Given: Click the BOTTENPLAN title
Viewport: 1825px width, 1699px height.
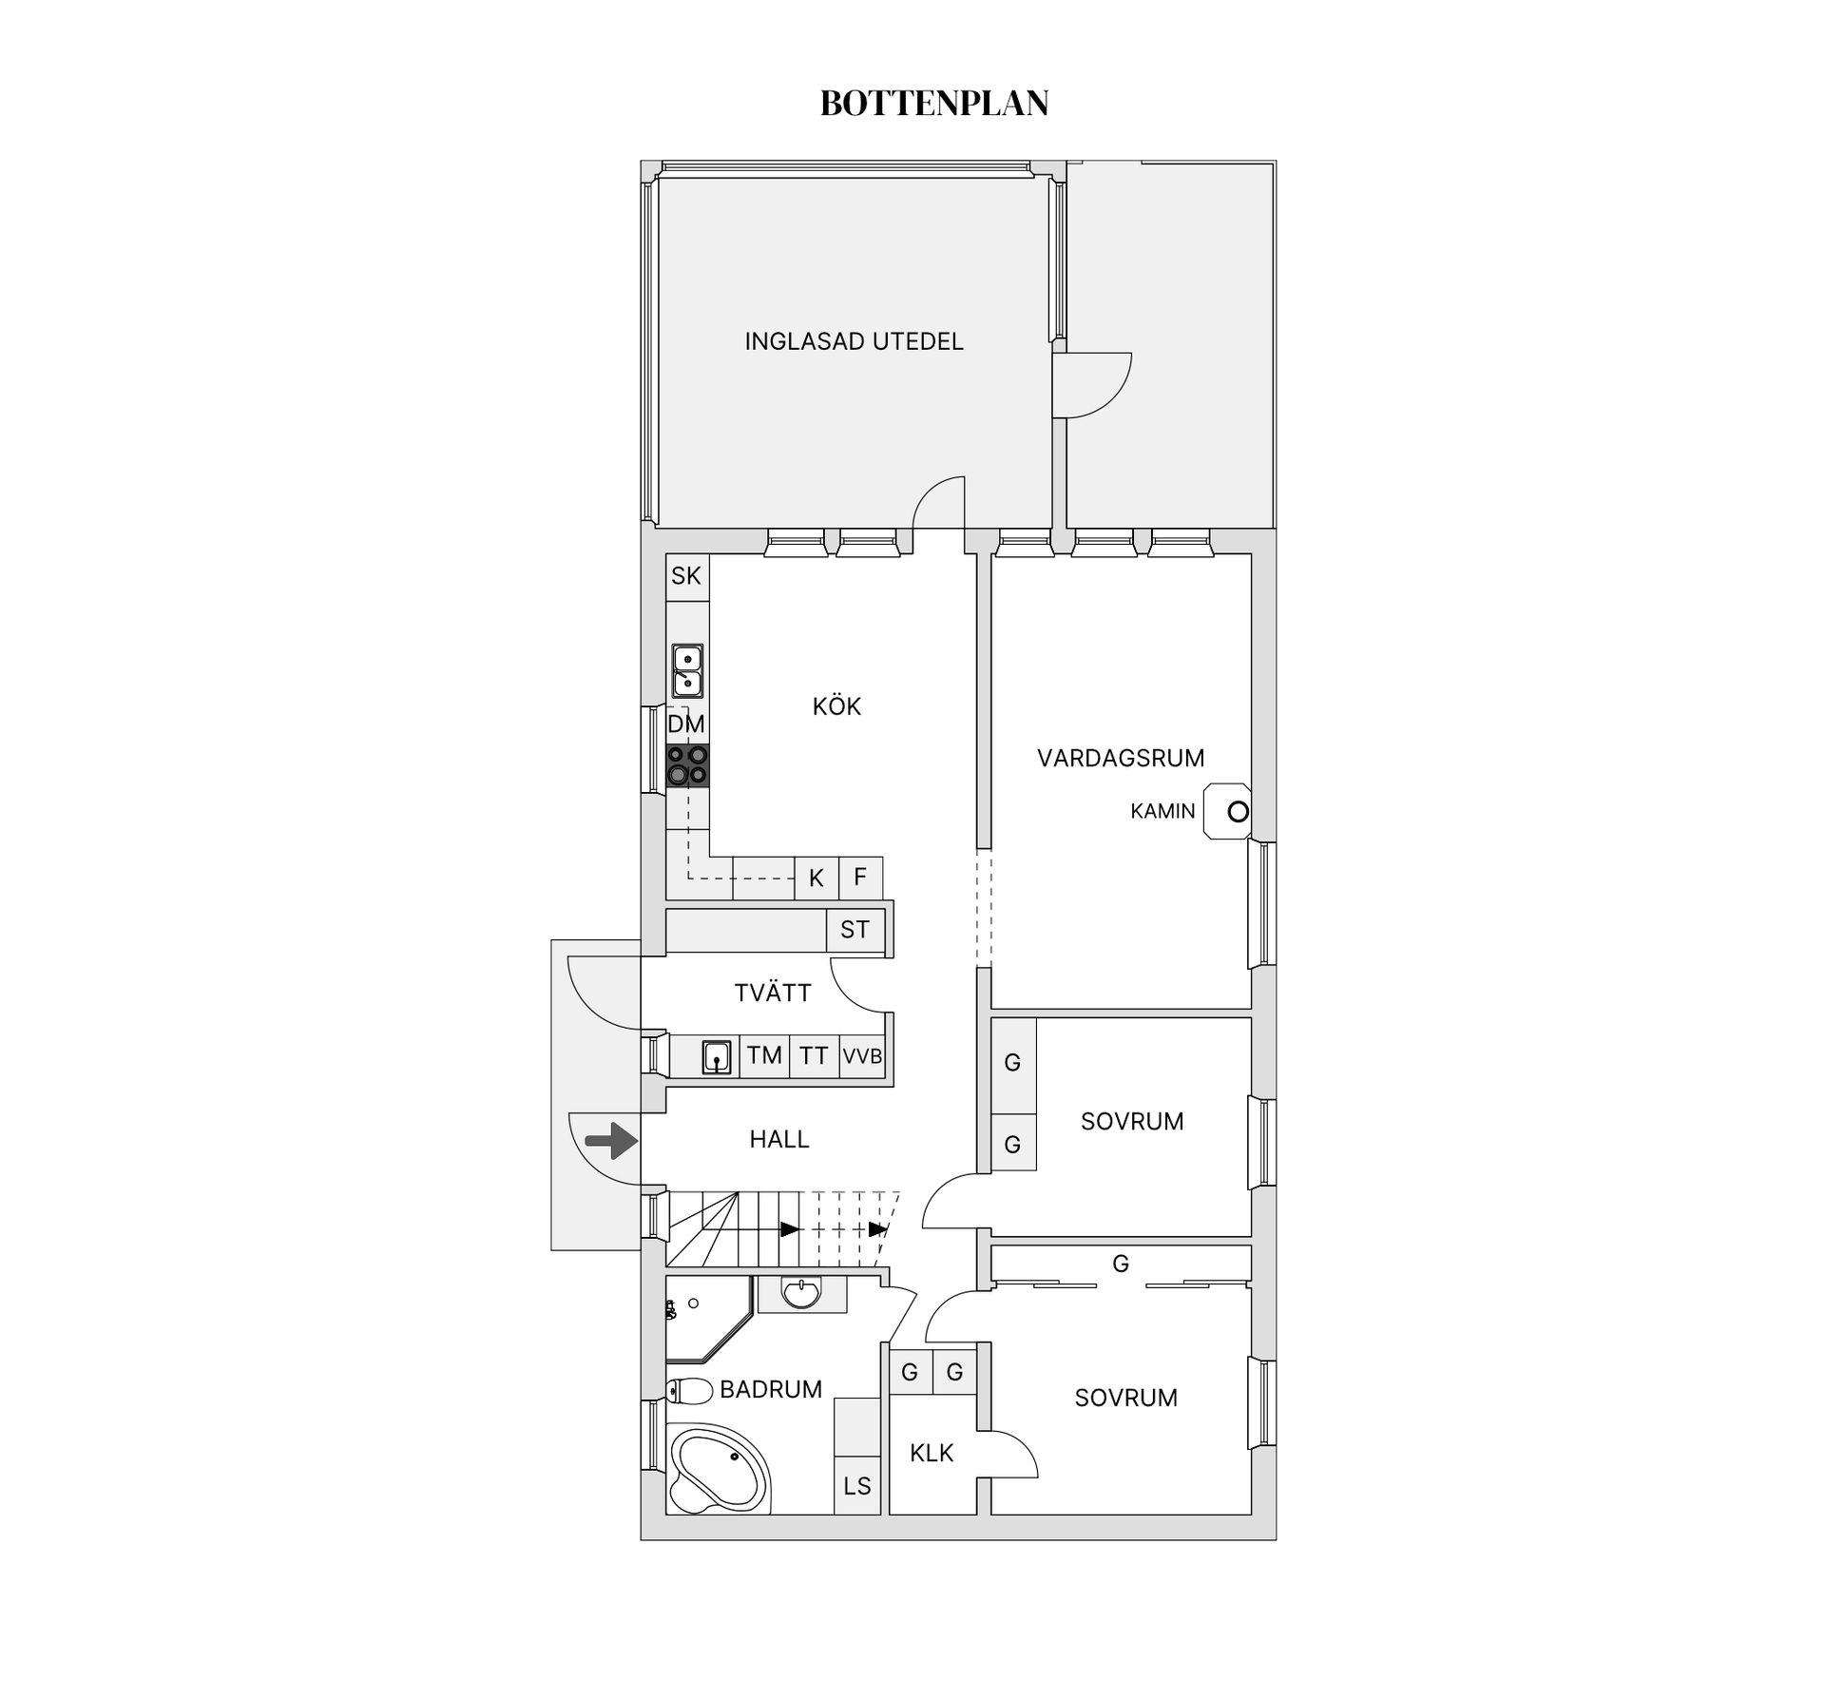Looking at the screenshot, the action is pos(934,104).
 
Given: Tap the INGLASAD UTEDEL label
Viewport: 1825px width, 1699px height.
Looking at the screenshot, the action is pos(854,341).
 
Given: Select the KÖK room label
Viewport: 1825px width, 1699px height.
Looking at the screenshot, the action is pos(836,706).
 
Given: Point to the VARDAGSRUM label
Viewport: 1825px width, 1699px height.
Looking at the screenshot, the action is pos(1121,758).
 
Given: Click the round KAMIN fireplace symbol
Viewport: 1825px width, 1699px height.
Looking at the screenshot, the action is pos(1238,812).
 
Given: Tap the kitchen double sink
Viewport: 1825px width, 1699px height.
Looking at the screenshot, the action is pos(687,671).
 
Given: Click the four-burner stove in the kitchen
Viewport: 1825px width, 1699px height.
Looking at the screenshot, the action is pos(688,765).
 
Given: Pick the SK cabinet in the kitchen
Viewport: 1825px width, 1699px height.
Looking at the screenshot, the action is pos(687,576).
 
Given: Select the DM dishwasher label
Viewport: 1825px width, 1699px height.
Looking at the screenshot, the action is pos(686,724).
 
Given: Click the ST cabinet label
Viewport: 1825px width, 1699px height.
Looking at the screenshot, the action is pos(855,930).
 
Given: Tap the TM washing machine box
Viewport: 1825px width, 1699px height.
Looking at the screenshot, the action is pos(764,1055).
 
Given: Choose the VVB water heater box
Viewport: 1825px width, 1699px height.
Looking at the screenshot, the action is pos(863,1055).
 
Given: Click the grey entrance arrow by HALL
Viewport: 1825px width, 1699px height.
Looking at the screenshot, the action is pos(611,1140).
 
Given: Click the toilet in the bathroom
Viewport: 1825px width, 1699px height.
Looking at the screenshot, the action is pos(689,1392).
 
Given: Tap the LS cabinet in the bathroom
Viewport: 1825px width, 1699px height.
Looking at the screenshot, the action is pos(857,1485).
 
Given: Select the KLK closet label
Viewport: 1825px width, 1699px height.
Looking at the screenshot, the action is pos(932,1453).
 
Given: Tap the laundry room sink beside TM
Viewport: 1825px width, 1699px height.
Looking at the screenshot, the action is pos(717,1056).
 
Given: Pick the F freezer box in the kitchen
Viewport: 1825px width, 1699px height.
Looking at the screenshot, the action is pos(860,878).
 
